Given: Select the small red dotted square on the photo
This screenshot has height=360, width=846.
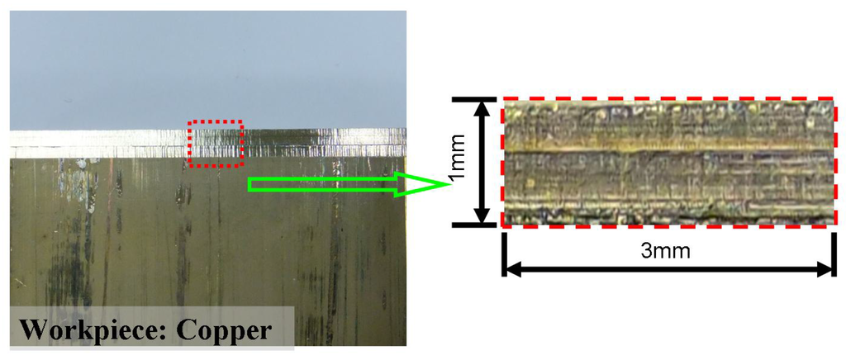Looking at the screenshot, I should point(215,144).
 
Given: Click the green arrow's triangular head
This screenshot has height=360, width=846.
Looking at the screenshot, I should point(421,184).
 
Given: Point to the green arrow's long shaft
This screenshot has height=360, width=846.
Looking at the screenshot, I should point(322,184).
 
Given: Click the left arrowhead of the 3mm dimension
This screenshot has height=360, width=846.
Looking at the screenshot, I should point(512,268).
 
